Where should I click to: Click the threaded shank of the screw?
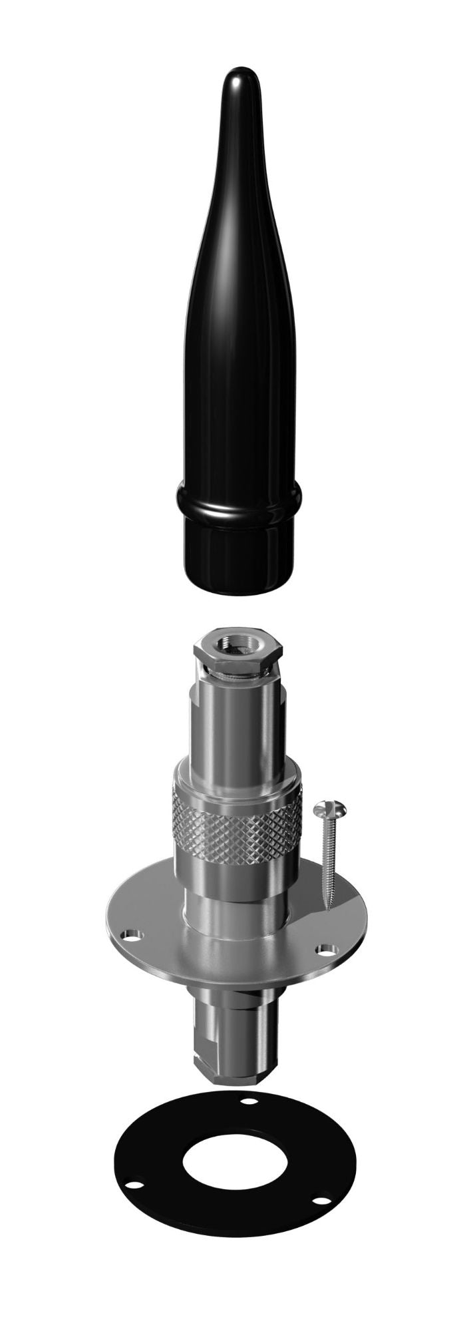pos(326,858)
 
